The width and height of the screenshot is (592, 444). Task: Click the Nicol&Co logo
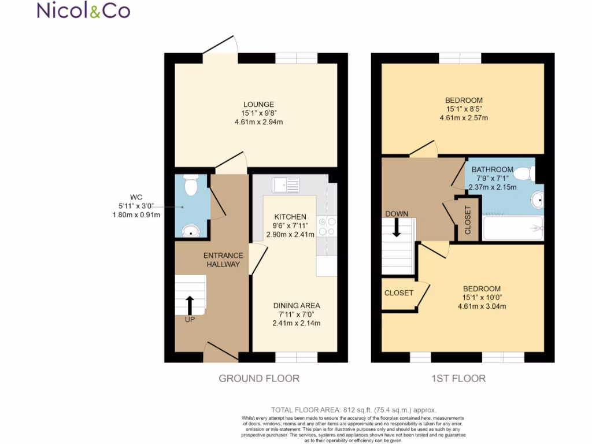(x=83, y=10)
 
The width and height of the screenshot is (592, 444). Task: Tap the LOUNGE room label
(x=258, y=105)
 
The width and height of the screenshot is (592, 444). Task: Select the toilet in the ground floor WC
(x=189, y=185)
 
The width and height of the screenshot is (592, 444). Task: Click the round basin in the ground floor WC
(x=190, y=231)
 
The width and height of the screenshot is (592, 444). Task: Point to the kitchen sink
(x=287, y=184)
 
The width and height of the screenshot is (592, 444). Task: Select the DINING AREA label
(x=296, y=306)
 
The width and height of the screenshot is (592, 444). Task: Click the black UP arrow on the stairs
(x=190, y=305)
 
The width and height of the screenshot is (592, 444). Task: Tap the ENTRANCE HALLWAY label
(x=223, y=260)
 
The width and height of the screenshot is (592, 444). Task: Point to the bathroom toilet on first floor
(x=525, y=173)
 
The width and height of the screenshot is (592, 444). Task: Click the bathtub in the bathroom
(x=513, y=228)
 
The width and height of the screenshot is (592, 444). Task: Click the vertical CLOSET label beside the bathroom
(x=468, y=219)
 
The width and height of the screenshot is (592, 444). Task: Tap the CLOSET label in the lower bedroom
(x=398, y=293)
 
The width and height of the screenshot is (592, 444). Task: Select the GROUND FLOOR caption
(x=258, y=379)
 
